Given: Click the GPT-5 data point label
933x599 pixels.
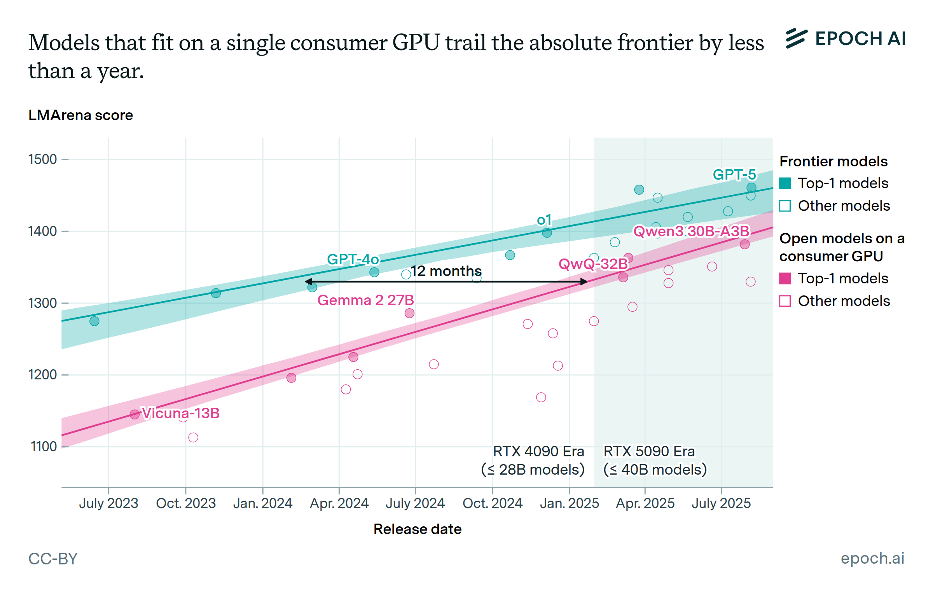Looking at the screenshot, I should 734,175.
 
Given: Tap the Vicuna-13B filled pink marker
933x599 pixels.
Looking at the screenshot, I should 135,414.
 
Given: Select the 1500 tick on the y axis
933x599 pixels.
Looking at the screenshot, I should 42,159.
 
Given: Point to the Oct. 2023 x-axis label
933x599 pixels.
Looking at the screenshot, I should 185,503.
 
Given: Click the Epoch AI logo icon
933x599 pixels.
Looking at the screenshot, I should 796,38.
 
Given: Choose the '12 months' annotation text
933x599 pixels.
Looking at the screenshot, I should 446,271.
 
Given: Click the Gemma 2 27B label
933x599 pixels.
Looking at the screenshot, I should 365,300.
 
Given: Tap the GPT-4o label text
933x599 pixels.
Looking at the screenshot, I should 353,259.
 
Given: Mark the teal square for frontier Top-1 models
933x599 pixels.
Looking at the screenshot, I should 785,183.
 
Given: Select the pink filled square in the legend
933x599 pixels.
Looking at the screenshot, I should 785,278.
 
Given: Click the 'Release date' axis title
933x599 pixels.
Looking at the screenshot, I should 417,529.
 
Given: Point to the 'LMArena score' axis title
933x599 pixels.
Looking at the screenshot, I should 80,115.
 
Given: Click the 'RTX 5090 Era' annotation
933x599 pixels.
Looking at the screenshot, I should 649,452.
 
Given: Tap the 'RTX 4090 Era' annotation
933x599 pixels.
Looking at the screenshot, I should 538,452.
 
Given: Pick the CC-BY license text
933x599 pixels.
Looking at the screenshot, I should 53,559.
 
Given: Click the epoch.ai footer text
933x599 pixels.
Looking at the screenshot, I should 872,558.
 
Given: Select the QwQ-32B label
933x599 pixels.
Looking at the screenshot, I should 593,264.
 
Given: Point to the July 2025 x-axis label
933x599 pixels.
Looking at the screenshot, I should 721,503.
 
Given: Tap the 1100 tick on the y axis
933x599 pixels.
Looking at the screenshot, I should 44,447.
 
